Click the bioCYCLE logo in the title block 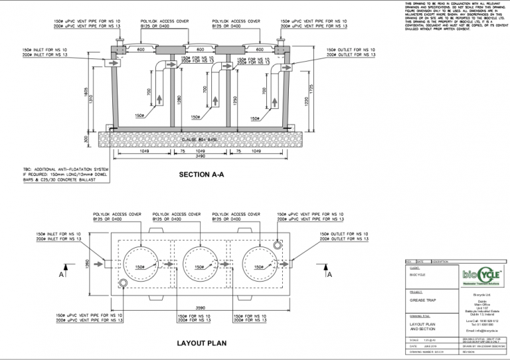pyautogui.click(x=479, y=275)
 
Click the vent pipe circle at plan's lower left pyautogui.click(x=124, y=284)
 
